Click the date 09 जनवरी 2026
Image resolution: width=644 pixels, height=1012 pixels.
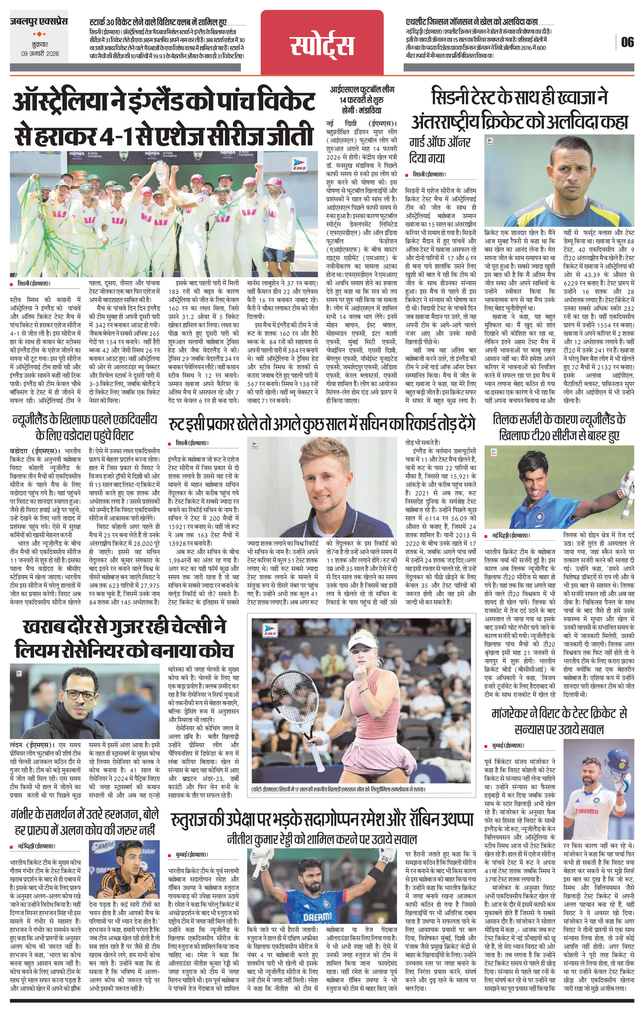click(40, 54)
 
